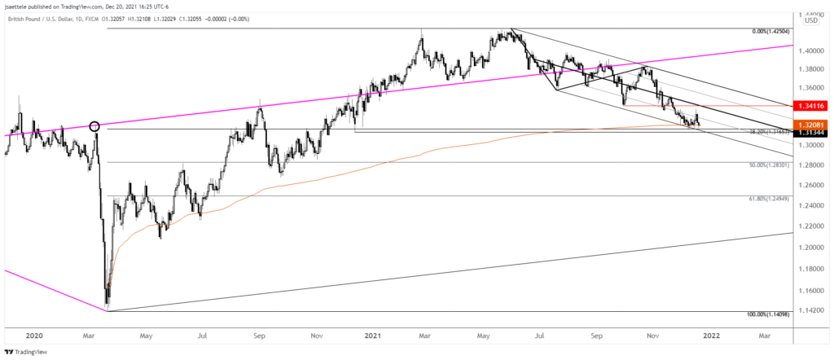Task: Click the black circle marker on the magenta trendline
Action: click(x=94, y=126)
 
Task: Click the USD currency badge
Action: click(x=811, y=20)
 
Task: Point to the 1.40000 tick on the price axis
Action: click(x=811, y=50)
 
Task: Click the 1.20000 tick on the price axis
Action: click(x=811, y=248)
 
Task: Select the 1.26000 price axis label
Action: click(x=811, y=185)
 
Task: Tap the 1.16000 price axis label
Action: click(x=811, y=291)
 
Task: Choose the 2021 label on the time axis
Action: click(x=373, y=334)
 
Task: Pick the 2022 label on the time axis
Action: click(x=713, y=334)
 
